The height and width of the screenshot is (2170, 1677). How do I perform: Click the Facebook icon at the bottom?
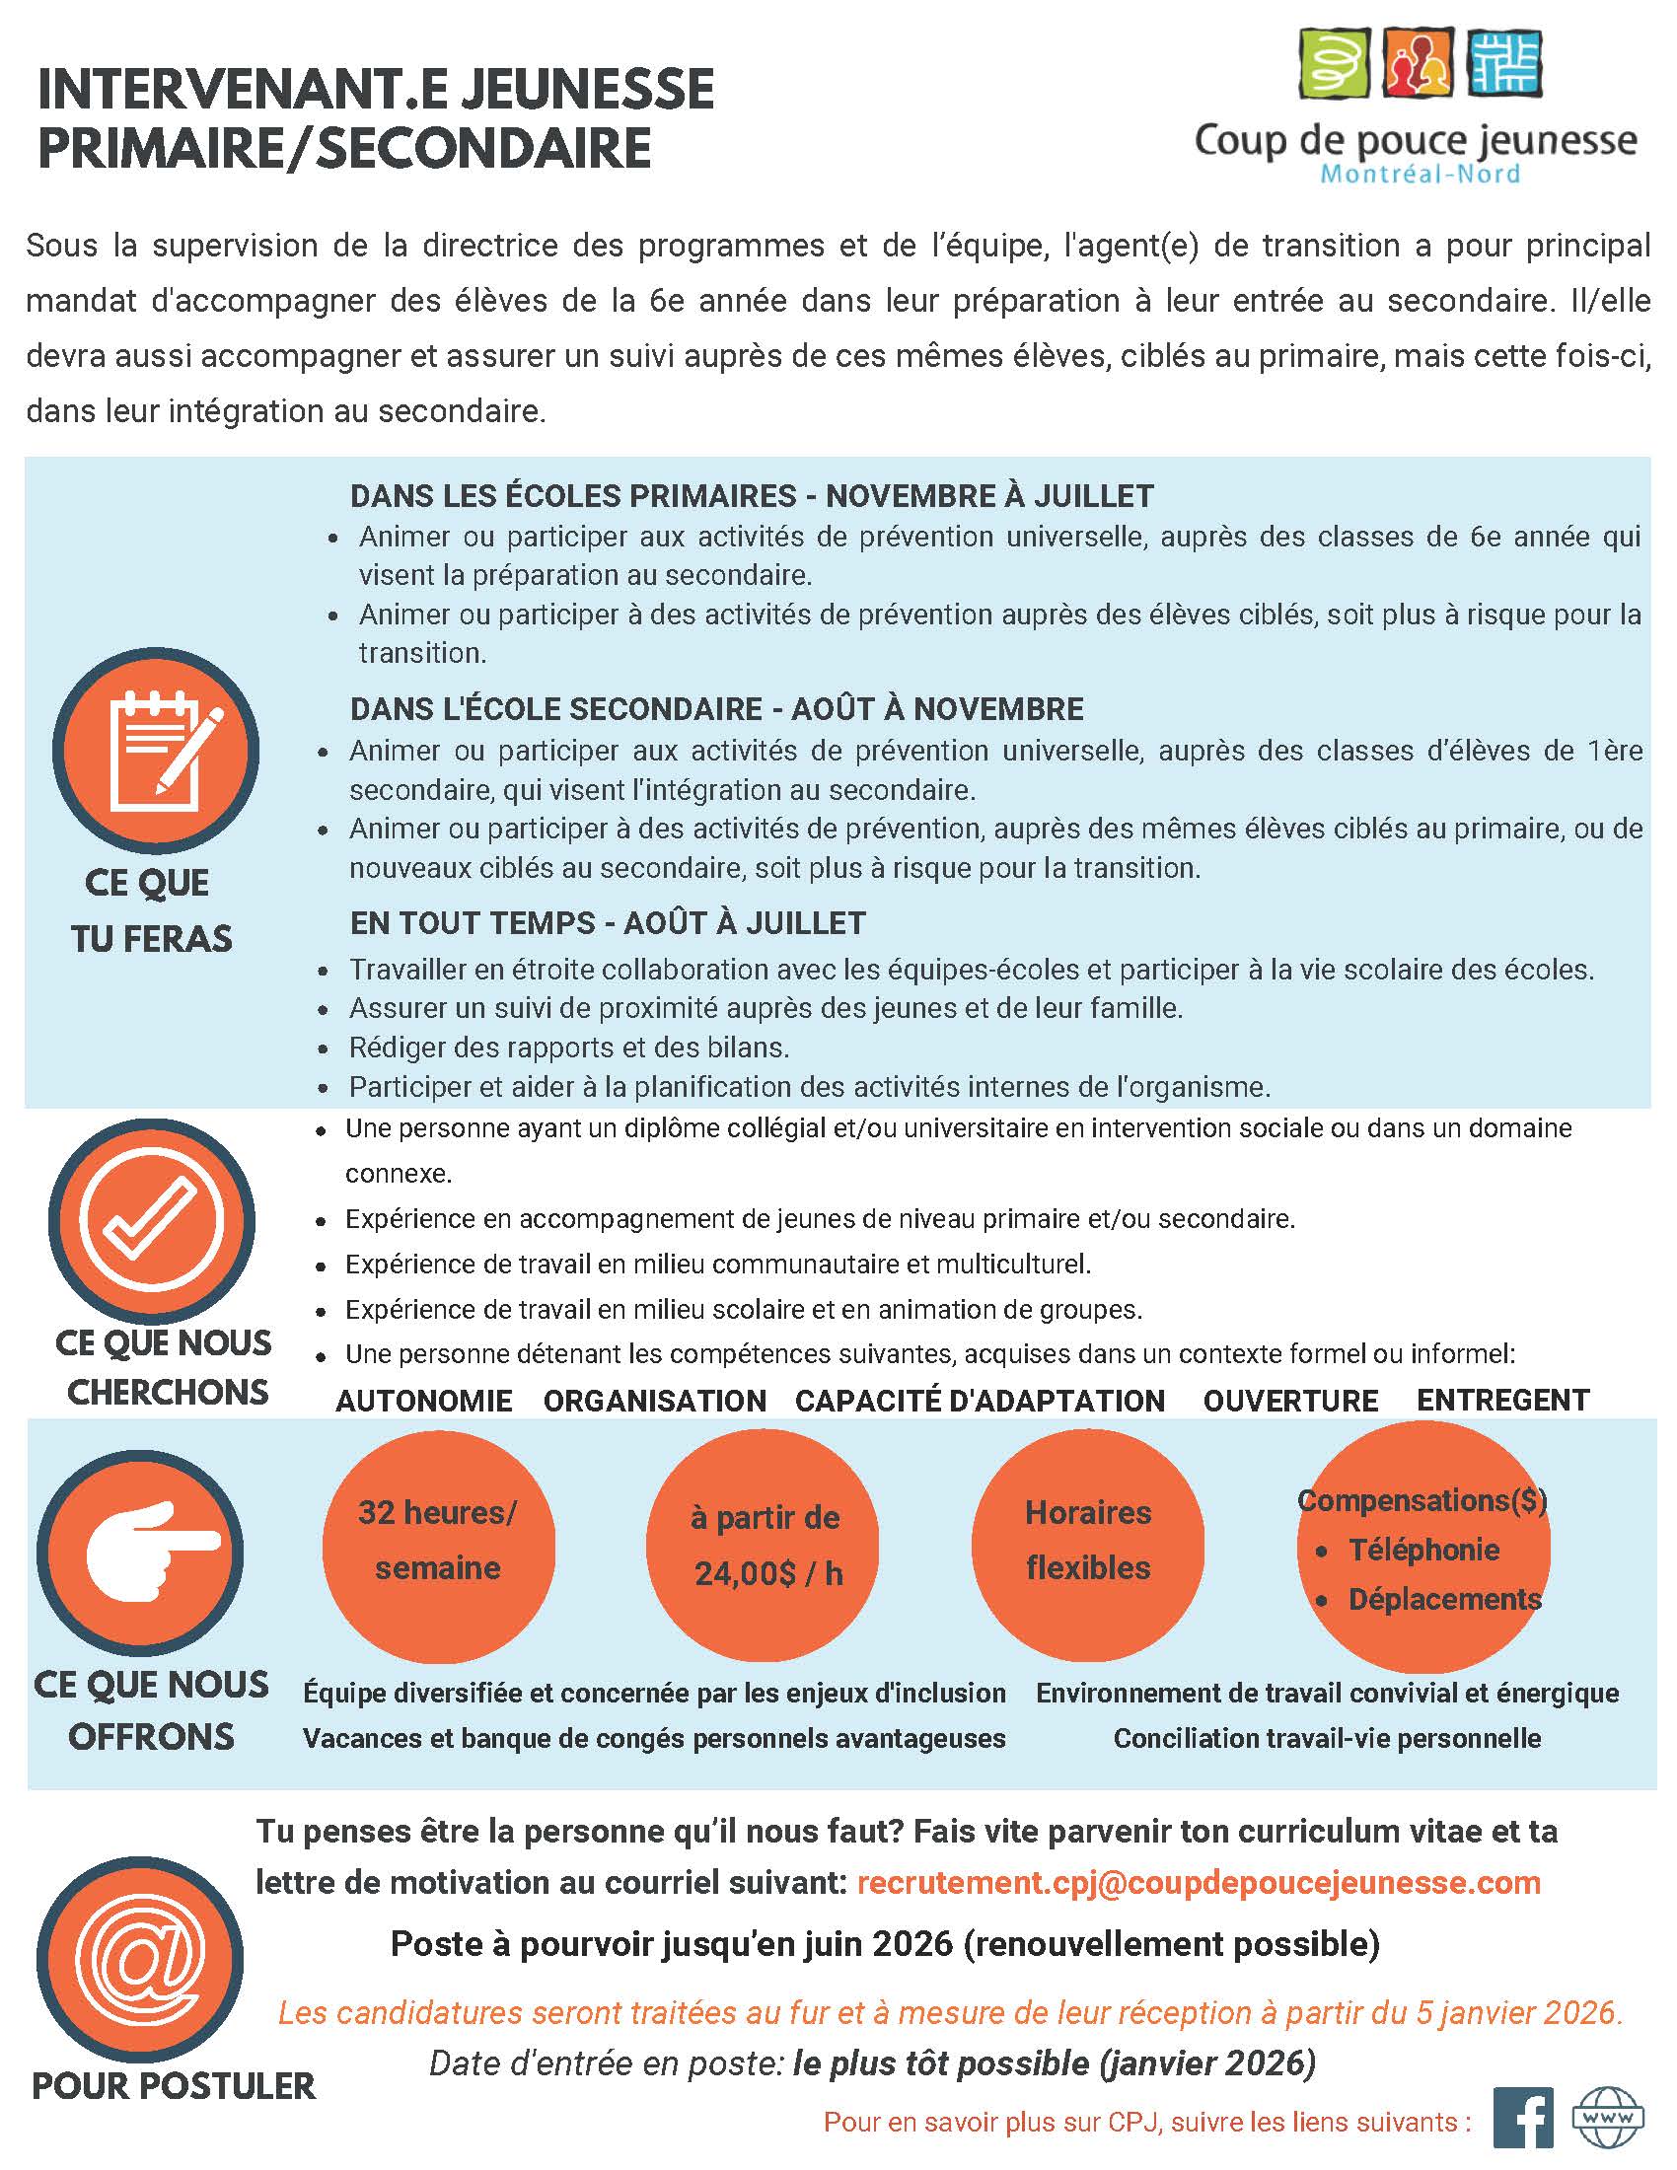[x=1523, y=2117]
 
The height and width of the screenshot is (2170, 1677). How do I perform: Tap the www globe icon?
[x=1606, y=2117]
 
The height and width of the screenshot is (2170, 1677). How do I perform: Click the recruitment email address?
[x=1199, y=1882]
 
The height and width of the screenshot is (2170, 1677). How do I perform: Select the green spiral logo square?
[x=1335, y=61]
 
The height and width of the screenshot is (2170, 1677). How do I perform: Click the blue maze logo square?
[x=1504, y=61]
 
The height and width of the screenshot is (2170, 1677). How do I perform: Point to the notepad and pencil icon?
[x=155, y=752]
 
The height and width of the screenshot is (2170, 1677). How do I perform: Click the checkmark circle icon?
[x=151, y=1220]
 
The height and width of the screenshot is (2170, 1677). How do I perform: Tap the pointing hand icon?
[x=140, y=1551]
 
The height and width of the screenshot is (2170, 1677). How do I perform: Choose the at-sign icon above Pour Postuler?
[x=140, y=1958]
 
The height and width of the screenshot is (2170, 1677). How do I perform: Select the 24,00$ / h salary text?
[x=767, y=1574]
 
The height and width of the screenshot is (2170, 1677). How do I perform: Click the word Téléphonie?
[x=1423, y=1549]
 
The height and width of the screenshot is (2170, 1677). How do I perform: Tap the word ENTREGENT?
[x=1502, y=1400]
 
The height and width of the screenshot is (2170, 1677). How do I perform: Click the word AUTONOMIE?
[x=424, y=1401]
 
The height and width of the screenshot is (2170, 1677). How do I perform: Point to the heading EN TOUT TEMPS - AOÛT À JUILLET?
[x=607, y=923]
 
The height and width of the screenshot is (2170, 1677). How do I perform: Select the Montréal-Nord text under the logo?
[x=1420, y=174]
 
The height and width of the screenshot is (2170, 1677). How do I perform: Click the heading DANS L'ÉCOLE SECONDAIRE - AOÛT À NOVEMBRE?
[x=716, y=709]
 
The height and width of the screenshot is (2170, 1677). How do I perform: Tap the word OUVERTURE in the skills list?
[x=1289, y=1401]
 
